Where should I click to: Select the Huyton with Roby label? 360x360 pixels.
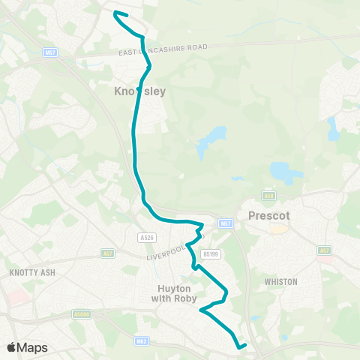178,292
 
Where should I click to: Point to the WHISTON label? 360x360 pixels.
281,282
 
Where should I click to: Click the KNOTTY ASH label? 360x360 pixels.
28,272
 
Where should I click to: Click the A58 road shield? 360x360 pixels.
270,196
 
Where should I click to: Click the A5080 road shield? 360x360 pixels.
82,314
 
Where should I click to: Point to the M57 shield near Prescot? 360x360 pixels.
226,223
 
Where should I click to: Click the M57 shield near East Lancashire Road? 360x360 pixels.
51,52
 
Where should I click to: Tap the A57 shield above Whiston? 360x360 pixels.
324,250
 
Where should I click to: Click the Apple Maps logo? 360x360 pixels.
27,347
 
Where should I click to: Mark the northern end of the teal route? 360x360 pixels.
114,12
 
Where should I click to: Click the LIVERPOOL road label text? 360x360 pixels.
166,251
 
